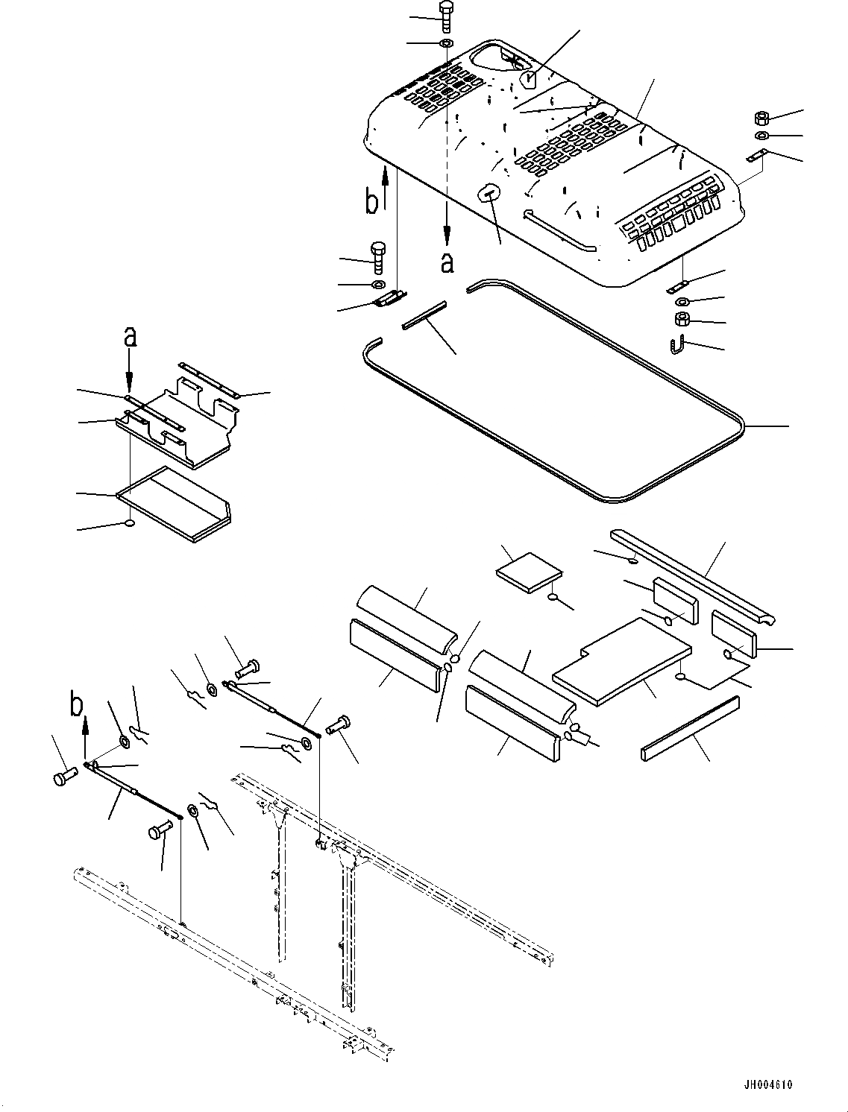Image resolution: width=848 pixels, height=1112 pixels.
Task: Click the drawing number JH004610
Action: coord(767,1084)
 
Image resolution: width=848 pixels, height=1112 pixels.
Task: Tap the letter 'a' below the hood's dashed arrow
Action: coord(447,262)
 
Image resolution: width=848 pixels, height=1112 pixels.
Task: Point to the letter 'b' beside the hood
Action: coord(371,201)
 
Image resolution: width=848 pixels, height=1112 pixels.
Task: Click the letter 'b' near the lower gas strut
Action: coord(77,704)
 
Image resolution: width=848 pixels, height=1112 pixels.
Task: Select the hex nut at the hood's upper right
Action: coord(761,118)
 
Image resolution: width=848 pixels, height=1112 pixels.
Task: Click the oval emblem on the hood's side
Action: coord(487,193)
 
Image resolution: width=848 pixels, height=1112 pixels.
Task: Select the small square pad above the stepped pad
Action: coord(528,570)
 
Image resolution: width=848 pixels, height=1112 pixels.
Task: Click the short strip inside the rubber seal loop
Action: coord(424,316)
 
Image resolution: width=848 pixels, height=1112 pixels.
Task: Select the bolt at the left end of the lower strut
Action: coord(63,777)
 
